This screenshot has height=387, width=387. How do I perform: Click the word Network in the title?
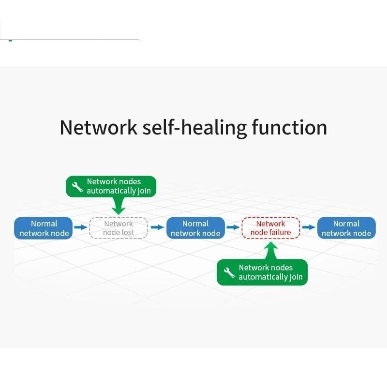click(x=98, y=127)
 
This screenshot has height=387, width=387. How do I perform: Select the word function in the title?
click(x=289, y=127)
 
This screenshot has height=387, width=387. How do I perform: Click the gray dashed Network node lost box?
click(x=119, y=228)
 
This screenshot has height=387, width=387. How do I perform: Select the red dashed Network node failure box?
click(x=271, y=228)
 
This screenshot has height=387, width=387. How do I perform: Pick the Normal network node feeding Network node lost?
click(x=44, y=228)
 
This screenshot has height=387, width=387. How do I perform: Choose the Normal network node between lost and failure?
click(x=195, y=228)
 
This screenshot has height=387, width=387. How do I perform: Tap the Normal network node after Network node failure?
click(x=346, y=228)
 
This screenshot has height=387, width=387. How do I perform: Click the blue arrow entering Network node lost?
click(x=80, y=227)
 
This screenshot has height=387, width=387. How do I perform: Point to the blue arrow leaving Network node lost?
click(x=157, y=227)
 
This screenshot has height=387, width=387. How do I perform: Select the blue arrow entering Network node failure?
click(x=233, y=227)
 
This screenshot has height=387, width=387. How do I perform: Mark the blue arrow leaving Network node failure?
click(x=309, y=227)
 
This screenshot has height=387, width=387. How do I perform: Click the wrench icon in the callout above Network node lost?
click(x=77, y=187)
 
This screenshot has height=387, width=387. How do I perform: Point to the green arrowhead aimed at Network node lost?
click(x=118, y=208)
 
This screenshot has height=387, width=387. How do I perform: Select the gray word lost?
click(x=128, y=233)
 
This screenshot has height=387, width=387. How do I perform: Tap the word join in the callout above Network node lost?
click(x=144, y=191)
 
